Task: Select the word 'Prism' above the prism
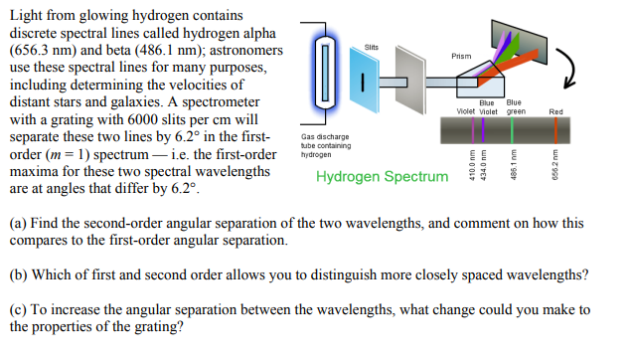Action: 461,56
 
